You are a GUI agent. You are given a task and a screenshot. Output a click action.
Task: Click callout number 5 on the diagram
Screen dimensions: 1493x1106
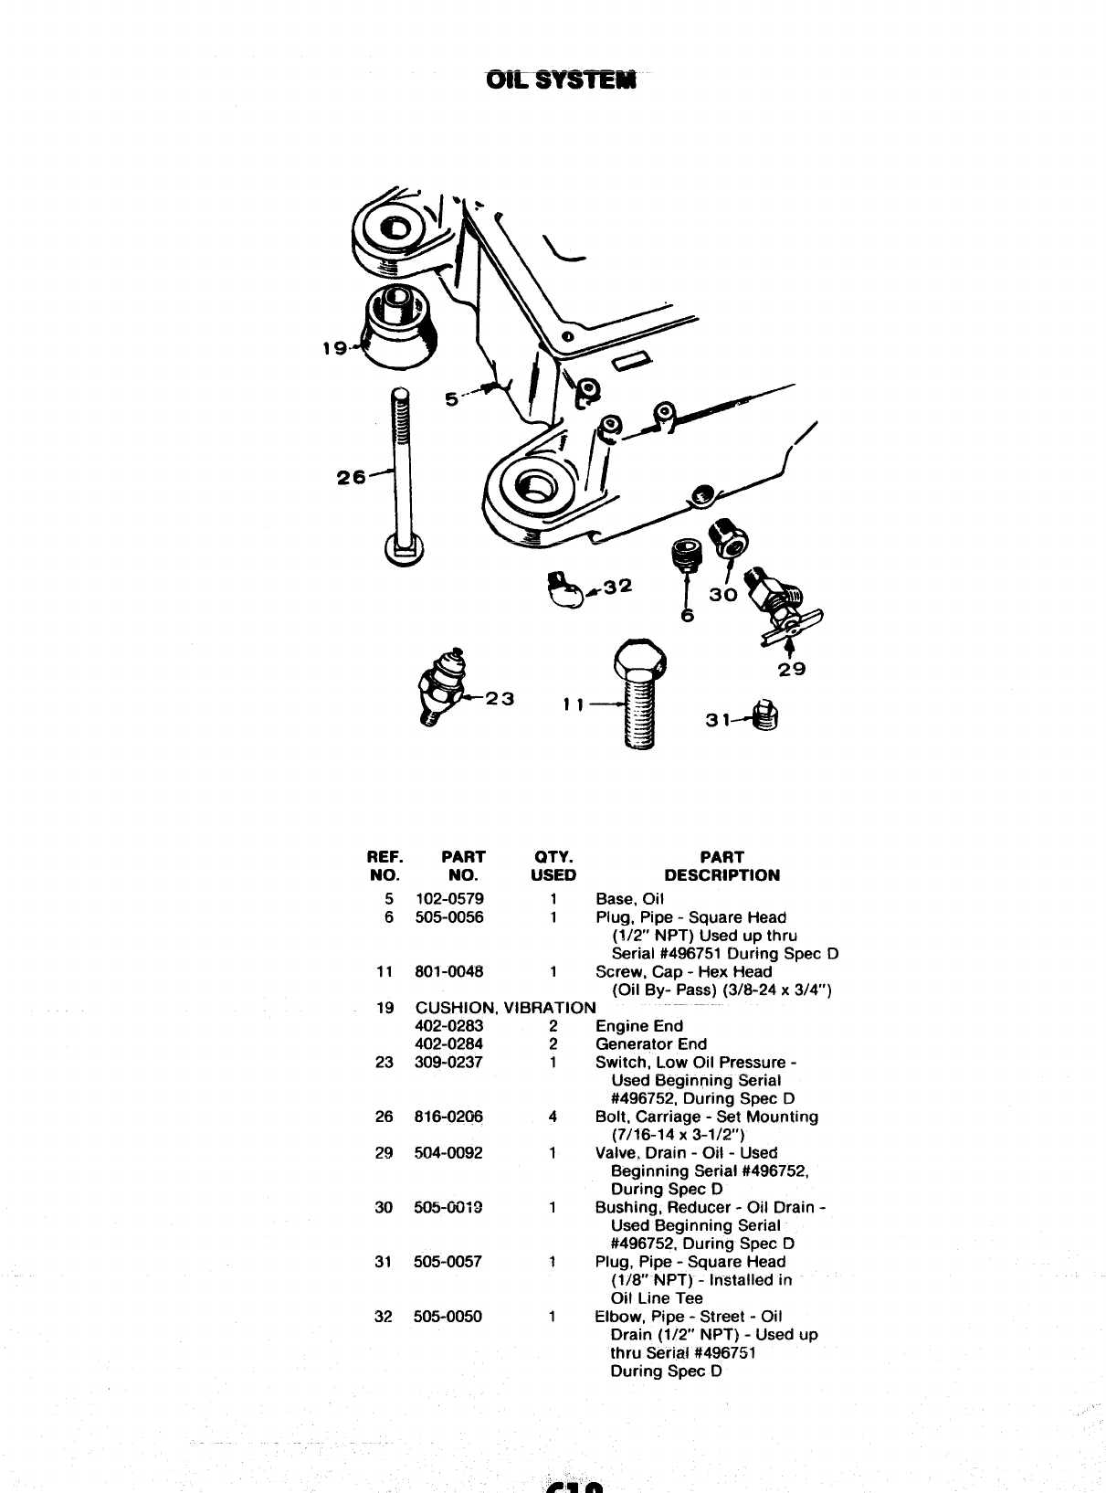(x=452, y=399)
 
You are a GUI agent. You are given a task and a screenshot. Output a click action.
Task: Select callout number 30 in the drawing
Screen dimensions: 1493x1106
(x=722, y=594)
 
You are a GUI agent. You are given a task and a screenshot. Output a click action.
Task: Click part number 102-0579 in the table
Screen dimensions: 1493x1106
(x=449, y=898)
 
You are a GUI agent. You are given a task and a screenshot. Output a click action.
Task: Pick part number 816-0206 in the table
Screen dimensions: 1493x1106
(x=449, y=1117)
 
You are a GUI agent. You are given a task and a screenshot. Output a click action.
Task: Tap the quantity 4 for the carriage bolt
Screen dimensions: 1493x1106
(x=553, y=1117)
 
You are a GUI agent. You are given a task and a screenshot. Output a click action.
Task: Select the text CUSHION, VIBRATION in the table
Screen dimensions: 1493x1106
(x=505, y=1008)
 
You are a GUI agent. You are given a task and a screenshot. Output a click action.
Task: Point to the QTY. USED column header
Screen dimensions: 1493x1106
(x=553, y=866)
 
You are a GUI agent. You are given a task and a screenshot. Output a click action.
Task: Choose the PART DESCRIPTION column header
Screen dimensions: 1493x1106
(x=722, y=866)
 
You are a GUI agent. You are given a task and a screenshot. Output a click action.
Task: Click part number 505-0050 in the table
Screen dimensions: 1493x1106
(x=448, y=1317)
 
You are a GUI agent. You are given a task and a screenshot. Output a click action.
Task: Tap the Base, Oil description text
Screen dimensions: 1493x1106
(x=629, y=898)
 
